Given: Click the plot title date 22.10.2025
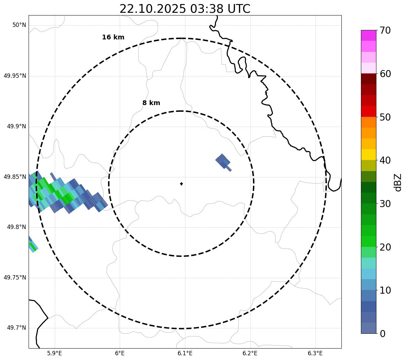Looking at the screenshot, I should pyautogui.click(x=152, y=9).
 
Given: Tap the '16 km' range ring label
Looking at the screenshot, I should pyautogui.click(x=113, y=37).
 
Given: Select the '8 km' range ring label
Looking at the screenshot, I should pyautogui.click(x=151, y=103).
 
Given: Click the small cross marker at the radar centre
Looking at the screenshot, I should pyautogui.click(x=181, y=184).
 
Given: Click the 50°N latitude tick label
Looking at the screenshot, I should pyautogui.click(x=19, y=25).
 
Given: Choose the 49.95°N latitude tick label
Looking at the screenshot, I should pyautogui.click(x=15, y=76).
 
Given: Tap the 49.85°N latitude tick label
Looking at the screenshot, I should pyautogui.click(x=15, y=177).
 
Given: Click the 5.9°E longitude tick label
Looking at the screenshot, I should pyautogui.click(x=54, y=353).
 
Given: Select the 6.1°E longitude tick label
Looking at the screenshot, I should pyautogui.click(x=185, y=353).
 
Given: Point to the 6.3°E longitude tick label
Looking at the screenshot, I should pyautogui.click(x=315, y=353).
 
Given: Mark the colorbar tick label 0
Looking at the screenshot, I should pyautogui.click(x=383, y=334).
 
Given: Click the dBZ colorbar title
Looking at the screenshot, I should pyautogui.click(x=398, y=182).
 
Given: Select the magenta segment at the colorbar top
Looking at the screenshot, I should pyautogui.click(x=368, y=35).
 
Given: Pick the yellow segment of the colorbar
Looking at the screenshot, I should pyautogui.click(x=368, y=155).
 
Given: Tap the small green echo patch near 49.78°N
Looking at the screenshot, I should pyautogui.click(x=33, y=247).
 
